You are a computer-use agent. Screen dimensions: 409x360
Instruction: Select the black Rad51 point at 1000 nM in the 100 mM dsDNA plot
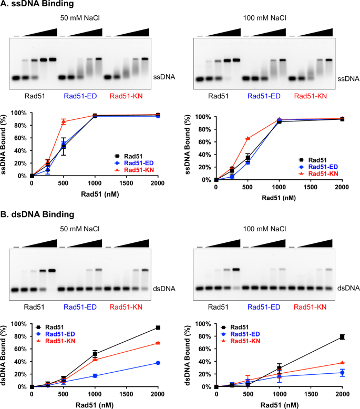pos(279,368)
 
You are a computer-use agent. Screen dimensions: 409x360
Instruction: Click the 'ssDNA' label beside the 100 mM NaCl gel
pos(348,79)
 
